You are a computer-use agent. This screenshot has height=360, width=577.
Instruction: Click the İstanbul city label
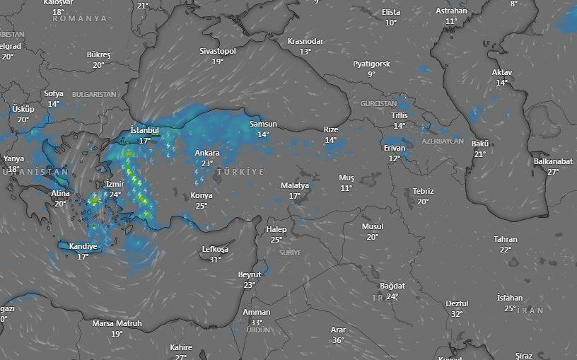click(144, 131)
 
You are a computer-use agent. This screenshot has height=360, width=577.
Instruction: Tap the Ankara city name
click(207, 153)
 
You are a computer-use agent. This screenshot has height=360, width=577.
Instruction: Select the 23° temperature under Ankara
click(207, 163)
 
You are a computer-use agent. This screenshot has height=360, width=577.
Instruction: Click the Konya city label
click(202, 195)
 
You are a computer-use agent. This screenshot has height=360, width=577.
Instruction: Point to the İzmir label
click(115, 184)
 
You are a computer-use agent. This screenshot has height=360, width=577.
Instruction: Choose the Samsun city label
click(263, 124)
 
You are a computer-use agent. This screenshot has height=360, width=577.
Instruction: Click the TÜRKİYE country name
click(240, 173)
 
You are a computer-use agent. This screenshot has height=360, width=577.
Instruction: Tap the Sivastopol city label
click(218, 51)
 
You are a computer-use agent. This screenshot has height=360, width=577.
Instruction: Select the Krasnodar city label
click(305, 41)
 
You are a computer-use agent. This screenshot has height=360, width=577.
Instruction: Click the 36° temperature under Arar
click(338, 340)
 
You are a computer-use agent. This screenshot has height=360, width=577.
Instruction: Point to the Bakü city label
click(480, 144)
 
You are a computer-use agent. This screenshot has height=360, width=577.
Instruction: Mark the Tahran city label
click(506, 239)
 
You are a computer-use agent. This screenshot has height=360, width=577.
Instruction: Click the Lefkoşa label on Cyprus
click(216, 249)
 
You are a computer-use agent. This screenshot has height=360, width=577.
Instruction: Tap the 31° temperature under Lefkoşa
click(216, 260)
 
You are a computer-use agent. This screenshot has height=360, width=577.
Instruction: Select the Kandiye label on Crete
click(83, 246)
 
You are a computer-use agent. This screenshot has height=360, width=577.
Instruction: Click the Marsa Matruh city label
click(117, 323)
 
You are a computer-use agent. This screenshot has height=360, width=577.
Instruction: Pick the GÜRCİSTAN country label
click(379, 103)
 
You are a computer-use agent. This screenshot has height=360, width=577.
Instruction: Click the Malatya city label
click(295, 185)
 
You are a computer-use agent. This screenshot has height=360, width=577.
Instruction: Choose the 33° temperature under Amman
click(256, 323)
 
